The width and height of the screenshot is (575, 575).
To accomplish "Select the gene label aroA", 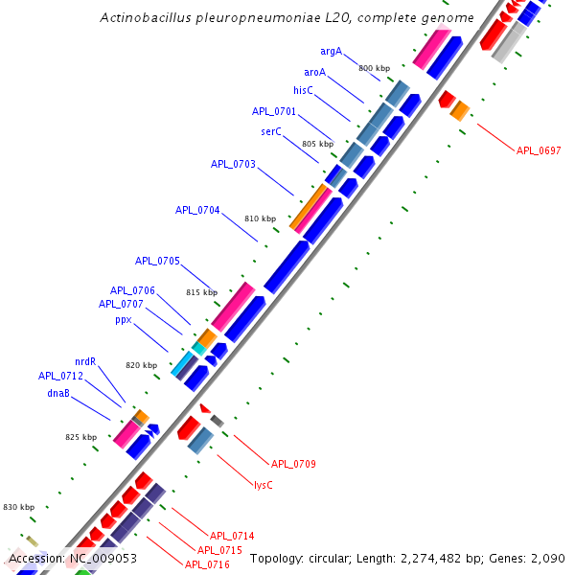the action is pos(314,72).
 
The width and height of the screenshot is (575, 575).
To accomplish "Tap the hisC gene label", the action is pos(303,90).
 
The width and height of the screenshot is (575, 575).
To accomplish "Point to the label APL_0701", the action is pos(274,111).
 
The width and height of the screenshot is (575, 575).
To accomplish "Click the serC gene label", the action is pos(271,131).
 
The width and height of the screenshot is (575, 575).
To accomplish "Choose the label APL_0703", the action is pos(233,164).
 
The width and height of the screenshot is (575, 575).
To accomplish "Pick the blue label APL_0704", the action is pos(197,210).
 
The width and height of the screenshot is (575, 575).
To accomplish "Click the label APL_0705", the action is pos(157,261).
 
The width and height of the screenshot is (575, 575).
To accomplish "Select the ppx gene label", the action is pos(124,320).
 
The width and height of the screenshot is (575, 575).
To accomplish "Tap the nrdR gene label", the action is pos(85,361).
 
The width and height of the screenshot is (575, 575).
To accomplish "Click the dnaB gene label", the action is pos(57,393).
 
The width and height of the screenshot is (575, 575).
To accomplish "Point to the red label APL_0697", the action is pos(539,150).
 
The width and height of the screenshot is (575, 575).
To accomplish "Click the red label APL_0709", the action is pos(293,464).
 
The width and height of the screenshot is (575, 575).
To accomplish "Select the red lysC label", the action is pos(263,485).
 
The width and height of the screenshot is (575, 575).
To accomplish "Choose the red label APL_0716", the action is pos(207,564).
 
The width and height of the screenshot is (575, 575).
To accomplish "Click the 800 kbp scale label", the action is pos(374,68).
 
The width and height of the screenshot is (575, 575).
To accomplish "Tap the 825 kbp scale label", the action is pos(81,437).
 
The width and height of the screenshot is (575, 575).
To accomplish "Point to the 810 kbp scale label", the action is pos(260,218).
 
